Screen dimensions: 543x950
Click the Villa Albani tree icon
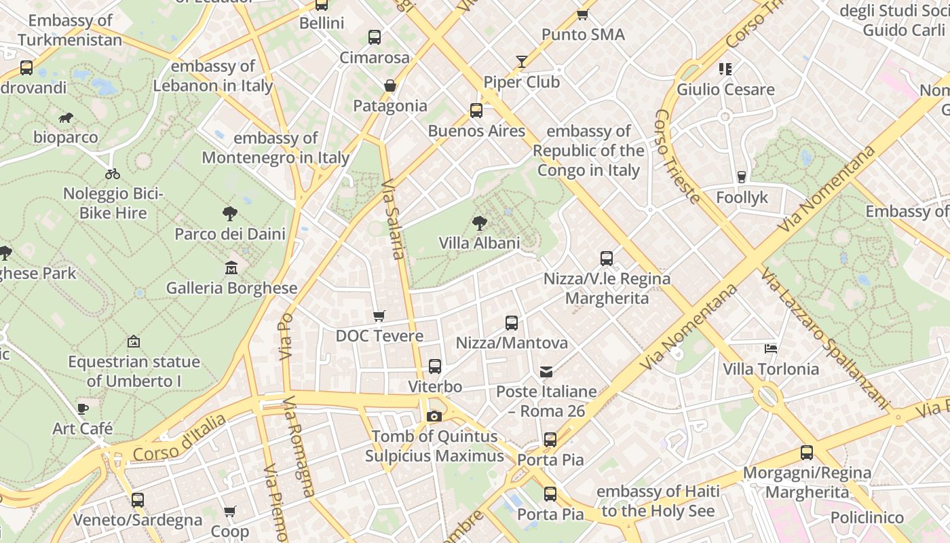click(480, 223)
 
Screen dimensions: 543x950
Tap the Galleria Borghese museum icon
click(231, 267)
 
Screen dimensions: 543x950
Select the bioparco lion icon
click(66, 118)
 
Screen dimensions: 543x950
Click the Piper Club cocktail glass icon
click(521, 62)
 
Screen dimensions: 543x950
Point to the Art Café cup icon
click(82, 409)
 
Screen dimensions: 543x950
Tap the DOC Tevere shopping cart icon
click(379, 316)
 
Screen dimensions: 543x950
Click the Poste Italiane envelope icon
click(546, 371)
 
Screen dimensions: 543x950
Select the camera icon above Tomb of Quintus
click(434, 416)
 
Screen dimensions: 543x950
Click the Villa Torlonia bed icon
click(770, 349)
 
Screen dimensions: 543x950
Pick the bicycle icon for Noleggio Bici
click(113, 174)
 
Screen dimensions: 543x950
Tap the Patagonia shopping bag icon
click(389, 86)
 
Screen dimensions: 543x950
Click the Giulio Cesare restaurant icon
click(725, 69)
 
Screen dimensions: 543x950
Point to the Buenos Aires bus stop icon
click(476, 111)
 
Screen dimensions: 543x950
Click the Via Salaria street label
click(393, 219)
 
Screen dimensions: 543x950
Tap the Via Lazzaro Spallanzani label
click(824, 338)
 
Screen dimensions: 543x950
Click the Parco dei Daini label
click(230, 234)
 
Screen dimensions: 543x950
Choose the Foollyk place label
click(742, 198)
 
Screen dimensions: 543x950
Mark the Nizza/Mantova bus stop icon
click(512, 323)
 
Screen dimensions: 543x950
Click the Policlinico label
click(867, 518)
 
